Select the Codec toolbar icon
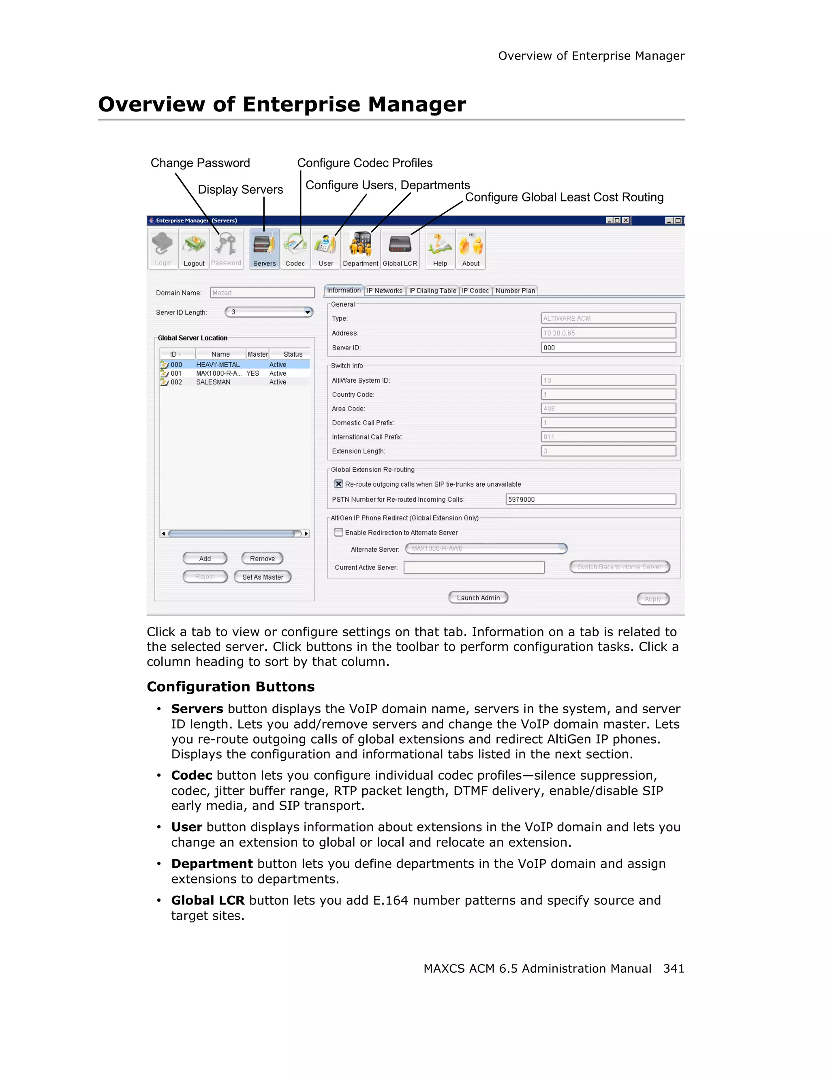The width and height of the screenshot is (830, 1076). point(295,249)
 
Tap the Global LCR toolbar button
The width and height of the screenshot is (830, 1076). point(400,249)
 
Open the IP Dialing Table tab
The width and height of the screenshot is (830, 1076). point(432,291)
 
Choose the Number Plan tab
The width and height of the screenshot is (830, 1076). point(515,291)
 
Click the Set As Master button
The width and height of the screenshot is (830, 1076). point(263,577)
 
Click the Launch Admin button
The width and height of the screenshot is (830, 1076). point(478,598)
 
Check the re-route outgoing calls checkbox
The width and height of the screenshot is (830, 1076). point(338,484)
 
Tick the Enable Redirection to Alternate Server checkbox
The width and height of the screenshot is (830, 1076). point(338,532)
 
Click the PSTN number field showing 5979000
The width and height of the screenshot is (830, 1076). point(590,499)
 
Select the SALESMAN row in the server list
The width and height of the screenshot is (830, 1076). point(213,382)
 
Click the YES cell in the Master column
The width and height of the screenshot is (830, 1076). point(253,373)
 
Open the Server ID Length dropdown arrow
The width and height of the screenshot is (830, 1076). point(307,312)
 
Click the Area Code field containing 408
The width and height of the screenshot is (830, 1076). point(608,409)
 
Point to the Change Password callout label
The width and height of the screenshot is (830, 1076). point(200,163)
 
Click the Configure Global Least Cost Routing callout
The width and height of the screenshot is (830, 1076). point(564,197)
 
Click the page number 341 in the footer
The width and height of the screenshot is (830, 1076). point(673,969)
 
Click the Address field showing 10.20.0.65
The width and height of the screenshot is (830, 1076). point(608,333)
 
